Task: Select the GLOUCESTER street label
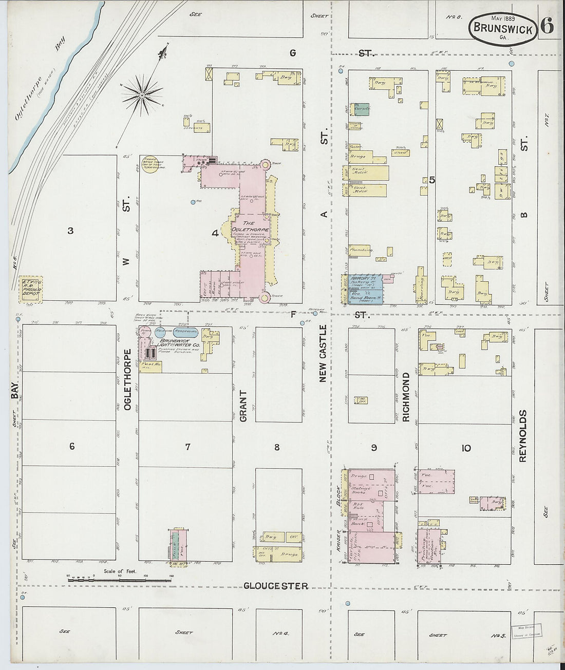pyautogui.click(x=276, y=586)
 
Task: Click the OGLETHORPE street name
pyautogui.click(x=127, y=380)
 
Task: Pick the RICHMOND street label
pyautogui.click(x=406, y=397)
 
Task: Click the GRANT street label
pyautogui.click(x=243, y=406)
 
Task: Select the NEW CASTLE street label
pyautogui.click(x=323, y=354)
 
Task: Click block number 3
pyautogui.click(x=70, y=231)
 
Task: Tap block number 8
pyautogui.click(x=277, y=447)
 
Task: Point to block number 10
pyautogui.click(x=465, y=448)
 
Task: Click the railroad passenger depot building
pyautogui.click(x=32, y=289)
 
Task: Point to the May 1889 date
pyautogui.click(x=502, y=19)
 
